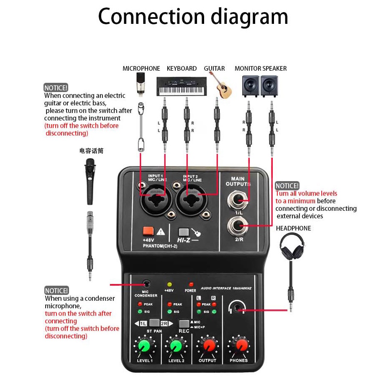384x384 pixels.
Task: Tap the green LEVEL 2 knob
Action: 176,346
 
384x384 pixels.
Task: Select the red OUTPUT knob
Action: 208,346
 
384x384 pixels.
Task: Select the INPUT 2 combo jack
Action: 192,195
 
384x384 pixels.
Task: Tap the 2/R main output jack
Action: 238,228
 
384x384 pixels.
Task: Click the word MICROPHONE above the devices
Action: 141,69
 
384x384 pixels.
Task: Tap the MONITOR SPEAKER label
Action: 261,69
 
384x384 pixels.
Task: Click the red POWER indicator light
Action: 191,284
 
